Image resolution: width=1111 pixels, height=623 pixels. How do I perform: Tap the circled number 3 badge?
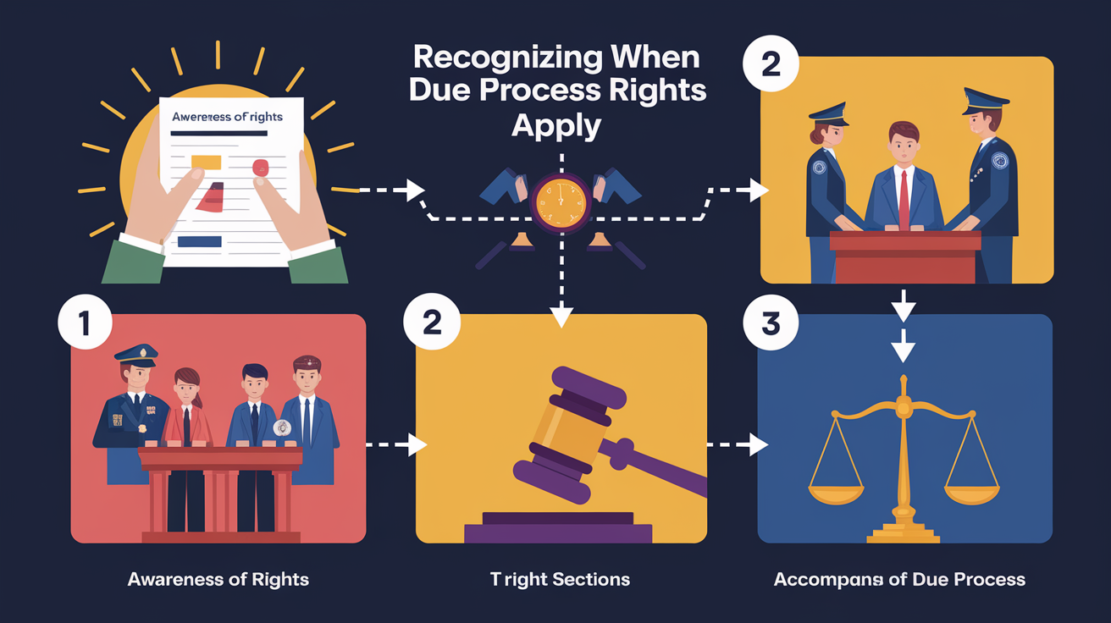click(770, 325)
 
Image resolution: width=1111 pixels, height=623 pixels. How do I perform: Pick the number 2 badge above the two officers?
click(770, 65)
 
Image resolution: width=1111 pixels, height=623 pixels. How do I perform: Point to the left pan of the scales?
click(836, 492)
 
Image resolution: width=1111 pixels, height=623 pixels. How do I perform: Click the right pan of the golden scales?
click(973, 492)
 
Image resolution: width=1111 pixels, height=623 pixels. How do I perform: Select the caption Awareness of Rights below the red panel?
click(218, 580)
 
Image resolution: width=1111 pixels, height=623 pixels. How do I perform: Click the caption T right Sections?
click(560, 580)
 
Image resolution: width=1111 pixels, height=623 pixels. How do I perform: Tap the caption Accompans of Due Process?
click(899, 580)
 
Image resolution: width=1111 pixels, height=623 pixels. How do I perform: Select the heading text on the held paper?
click(228, 117)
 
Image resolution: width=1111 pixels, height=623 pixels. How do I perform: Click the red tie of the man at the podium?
click(904, 199)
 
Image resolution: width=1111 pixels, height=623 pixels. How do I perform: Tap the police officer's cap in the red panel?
click(135, 354)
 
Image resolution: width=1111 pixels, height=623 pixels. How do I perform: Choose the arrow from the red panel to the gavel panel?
click(398, 444)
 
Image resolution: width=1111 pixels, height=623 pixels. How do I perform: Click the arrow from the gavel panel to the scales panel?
click(738, 443)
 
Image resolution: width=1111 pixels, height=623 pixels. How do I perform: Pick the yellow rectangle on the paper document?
click(206, 162)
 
